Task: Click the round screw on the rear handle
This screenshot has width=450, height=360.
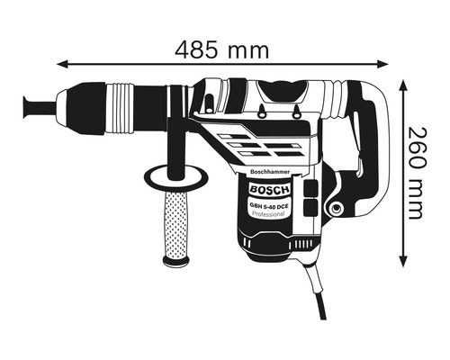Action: [x=336, y=210]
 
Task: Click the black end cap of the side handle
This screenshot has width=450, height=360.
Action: [x=176, y=262]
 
